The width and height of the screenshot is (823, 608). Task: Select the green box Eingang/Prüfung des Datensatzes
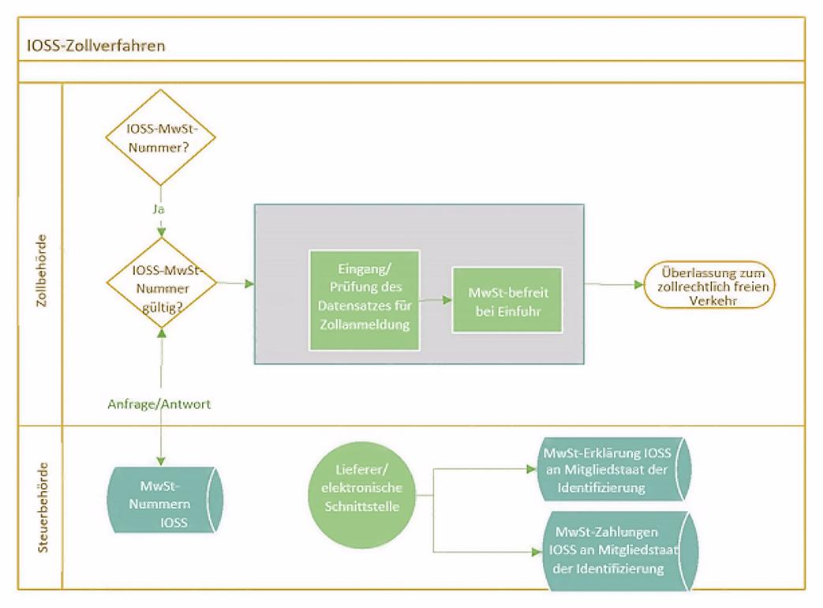[x=364, y=299]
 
